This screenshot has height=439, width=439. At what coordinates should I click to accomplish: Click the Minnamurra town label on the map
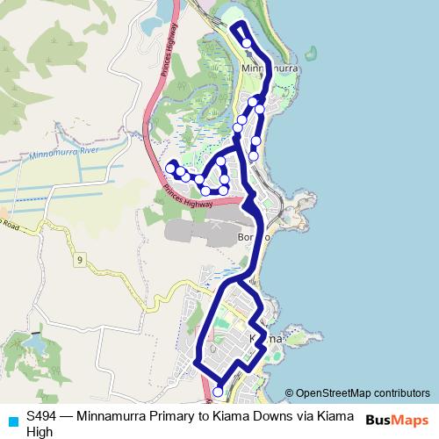(x=270, y=68)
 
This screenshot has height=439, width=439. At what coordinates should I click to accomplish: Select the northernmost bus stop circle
(x=247, y=42)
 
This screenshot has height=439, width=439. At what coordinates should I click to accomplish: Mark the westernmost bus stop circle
(x=170, y=167)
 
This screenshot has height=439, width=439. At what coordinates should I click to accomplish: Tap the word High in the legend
(x=40, y=431)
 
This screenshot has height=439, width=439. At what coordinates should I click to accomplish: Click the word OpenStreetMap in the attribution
(x=334, y=393)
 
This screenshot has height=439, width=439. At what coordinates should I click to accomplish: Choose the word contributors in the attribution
(x=402, y=393)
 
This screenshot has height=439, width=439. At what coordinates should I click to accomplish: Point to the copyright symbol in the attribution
(x=289, y=393)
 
